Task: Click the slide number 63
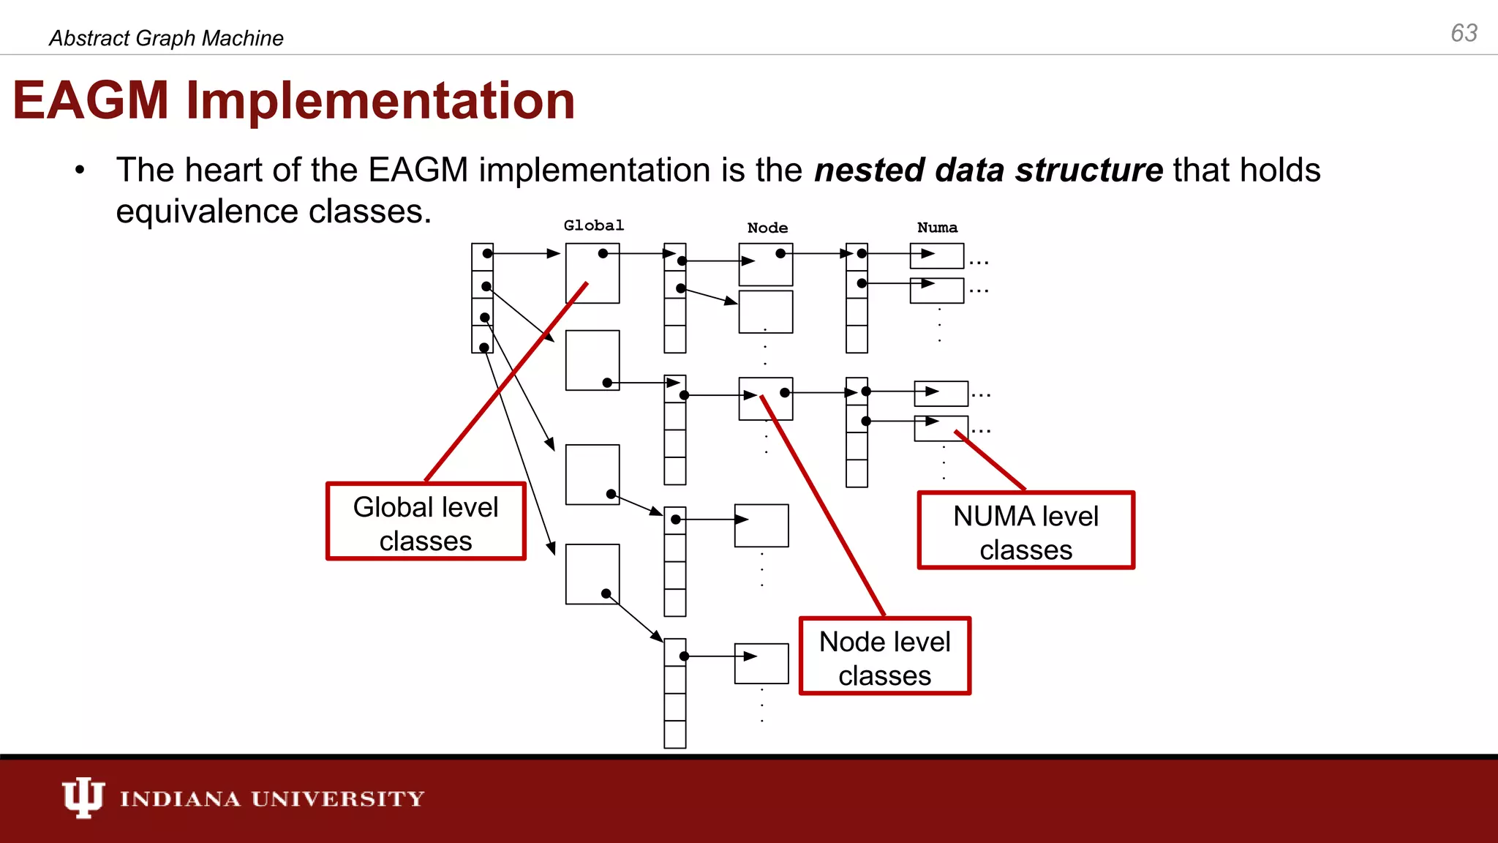[x=1464, y=33]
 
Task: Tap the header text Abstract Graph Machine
[x=166, y=38]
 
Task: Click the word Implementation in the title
[x=380, y=100]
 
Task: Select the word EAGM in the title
[x=91, y=100]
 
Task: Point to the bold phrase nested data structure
[x=988, y=170]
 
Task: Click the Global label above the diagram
[x=593, y=225]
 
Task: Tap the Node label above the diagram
[x=767, y=228]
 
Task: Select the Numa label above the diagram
[x=937, y=228]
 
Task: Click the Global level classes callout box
[x=426, y=522]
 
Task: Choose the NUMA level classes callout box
[x=1025, y=531]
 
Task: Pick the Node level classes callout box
[x=884, y=656]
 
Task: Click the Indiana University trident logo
[x=83, y=797]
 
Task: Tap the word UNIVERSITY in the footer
[x=337, y=798]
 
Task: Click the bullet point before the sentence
[x=80, y=171]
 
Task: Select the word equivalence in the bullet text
[x=207, y=211]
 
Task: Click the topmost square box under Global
[x=592, y=273]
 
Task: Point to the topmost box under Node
[x=766, y=265]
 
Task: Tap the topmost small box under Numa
[x=937, y=255]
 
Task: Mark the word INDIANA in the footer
[x=180, y=798]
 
